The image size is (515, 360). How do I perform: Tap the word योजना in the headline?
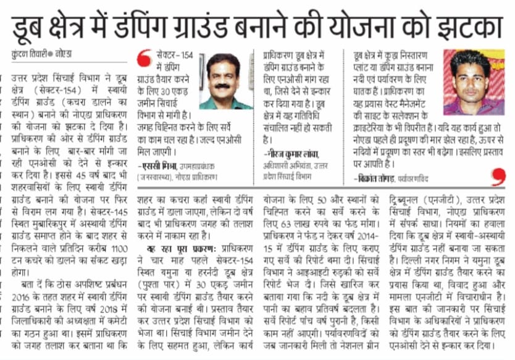click(375, 25)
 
